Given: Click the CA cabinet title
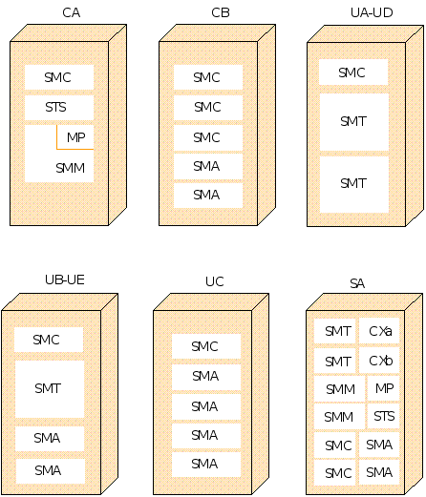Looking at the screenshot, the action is point(72,13).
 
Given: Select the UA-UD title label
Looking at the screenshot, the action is point(372,12).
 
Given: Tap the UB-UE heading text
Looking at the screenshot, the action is point(65,280).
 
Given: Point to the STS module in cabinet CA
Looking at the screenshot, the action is point(59,108).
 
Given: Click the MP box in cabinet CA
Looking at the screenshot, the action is point(75,137).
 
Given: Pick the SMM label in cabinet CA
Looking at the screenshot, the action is point(70,168).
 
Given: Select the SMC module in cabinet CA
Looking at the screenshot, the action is point(59,77).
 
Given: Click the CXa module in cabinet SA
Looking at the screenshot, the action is point(379,331).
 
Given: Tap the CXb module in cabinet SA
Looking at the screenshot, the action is point(379,361).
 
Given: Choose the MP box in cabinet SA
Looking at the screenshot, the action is point(383,388).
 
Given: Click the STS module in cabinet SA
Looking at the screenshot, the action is point(383,416).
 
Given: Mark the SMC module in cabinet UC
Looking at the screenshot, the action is point(206,346).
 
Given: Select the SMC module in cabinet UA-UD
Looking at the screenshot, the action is point(353,72).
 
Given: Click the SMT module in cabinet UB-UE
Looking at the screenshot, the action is point(50,389).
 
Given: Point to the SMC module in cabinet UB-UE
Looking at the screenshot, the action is point(49,340).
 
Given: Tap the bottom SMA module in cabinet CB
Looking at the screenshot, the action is point(208,196).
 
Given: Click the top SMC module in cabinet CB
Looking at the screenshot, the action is point(208,77).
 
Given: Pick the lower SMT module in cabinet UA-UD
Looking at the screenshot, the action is point(354,184).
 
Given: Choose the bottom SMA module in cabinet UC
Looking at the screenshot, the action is point(206,465).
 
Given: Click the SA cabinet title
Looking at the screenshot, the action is point(357,283).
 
